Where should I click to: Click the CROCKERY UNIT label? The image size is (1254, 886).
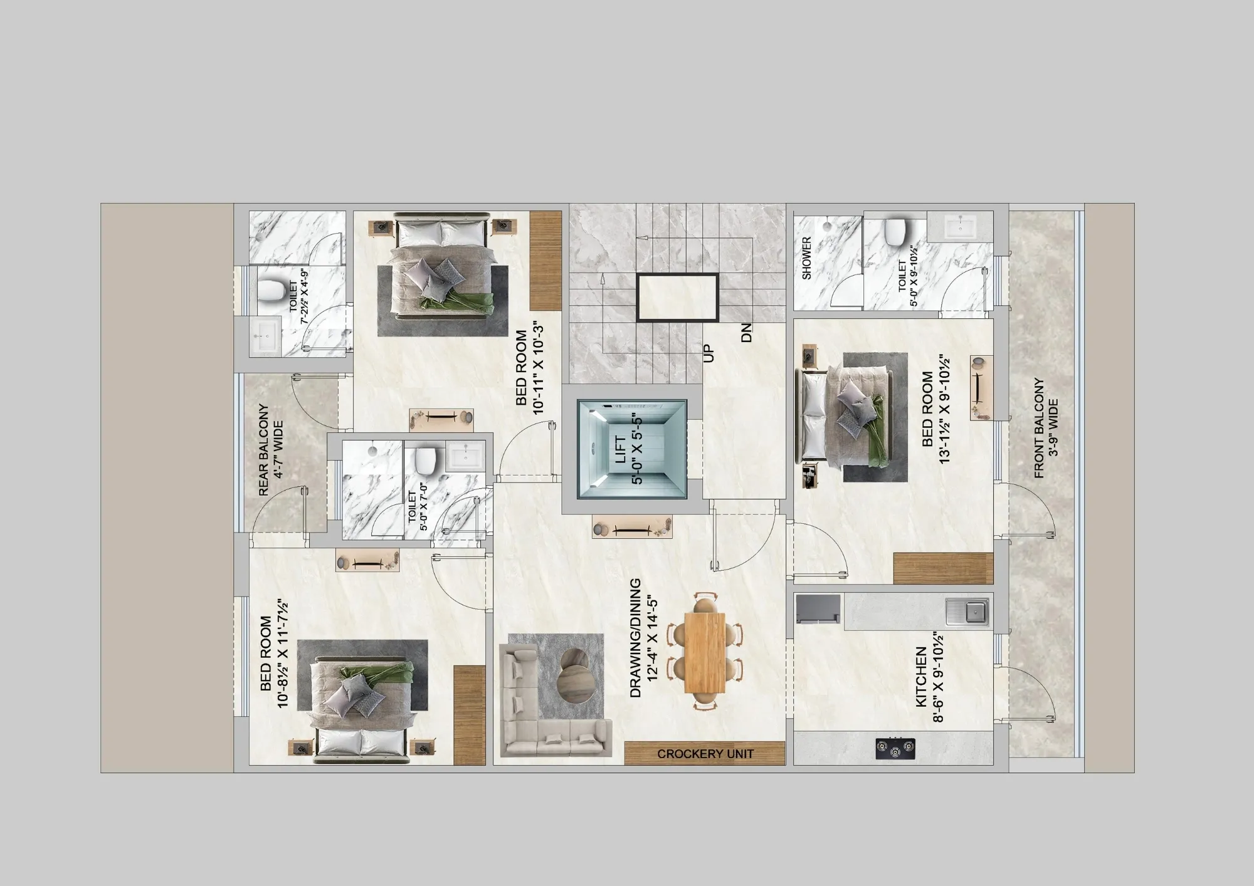click(x=705, y=754)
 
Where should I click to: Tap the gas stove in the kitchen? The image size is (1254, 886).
click(x=895, y=748)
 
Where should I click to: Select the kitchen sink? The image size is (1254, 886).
click(x=967, y=612)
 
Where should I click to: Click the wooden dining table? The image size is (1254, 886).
click(x=705, y=652)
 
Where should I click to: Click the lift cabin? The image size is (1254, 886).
click(x=632, y=449)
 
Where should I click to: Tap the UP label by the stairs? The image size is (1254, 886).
click(x=709, y=353)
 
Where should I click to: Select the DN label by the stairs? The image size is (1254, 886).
click(x=746, y=333)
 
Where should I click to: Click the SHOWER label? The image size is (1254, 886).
click(x=807, y=258)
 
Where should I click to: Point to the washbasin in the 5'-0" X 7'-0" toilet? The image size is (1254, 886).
click(x=465, y=456)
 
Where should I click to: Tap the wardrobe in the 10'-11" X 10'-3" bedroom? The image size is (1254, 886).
click(x=545, y=261)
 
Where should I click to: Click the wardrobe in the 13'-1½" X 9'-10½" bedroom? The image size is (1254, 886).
click(x=943, y=569)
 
